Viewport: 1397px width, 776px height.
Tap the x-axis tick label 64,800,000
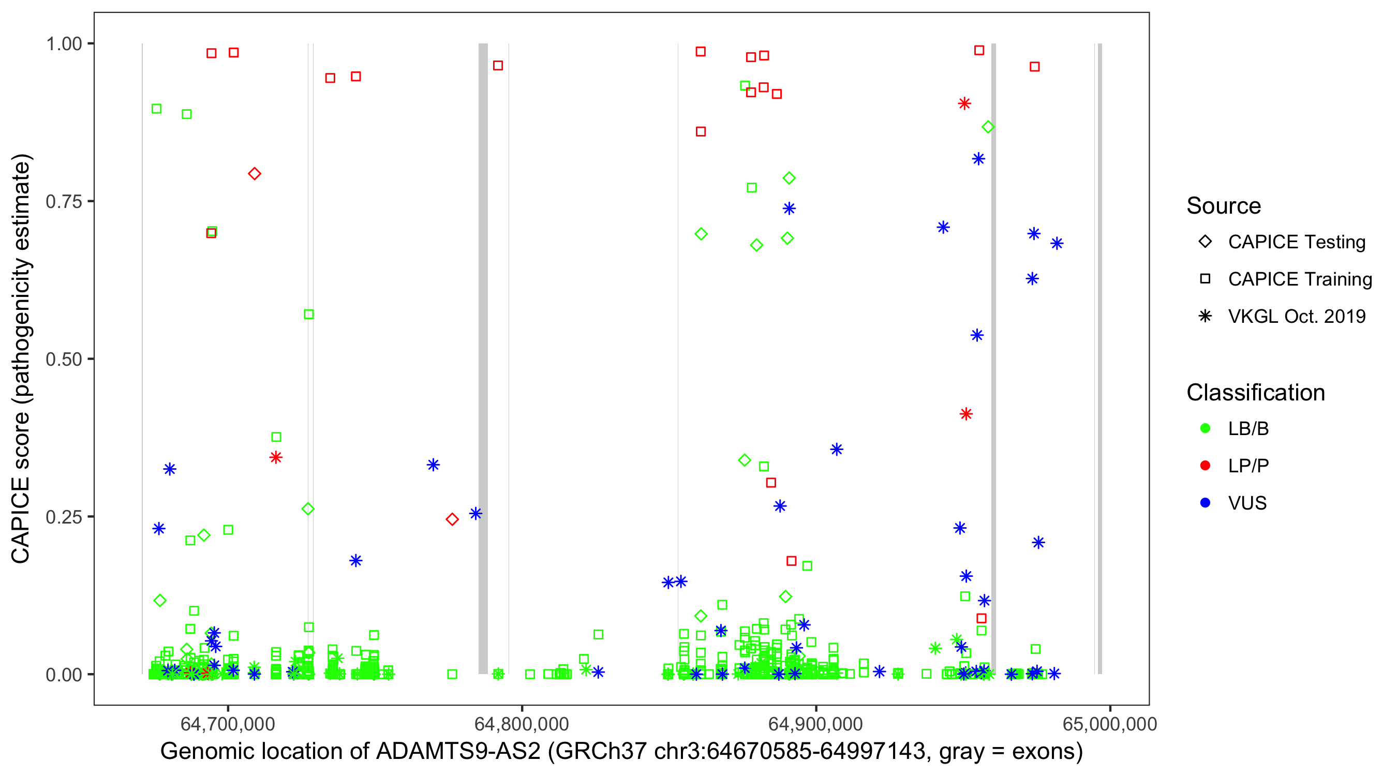pyautogui.click(x=521, y=724)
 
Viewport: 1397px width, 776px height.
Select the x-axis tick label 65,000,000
pyautogui.click(x=1109, y=724)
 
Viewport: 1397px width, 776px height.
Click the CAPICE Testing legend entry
pyautogui.click(x=1296, y=242)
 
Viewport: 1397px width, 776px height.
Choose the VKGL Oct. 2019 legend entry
pyautogui.click(x=1296, y=316)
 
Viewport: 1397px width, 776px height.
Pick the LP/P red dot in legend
pyautogui.click(x=1205, y=466)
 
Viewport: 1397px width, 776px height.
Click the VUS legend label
pyautogui.click(x=1247, y=503)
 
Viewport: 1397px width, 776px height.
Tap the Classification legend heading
pyautogui.click(x=1255, y=393)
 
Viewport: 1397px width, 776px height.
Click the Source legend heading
pyautogui.click(x=1224, y=206)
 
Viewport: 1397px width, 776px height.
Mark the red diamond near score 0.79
pyautogui.click(x=255, y=174)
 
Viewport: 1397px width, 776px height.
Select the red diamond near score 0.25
pyautogui.click(x=452, y=519)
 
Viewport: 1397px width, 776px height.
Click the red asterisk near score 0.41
pyautogui.click(x=966, y=414)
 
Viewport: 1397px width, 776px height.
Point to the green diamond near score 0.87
pyautogui.click(x=988, y=127)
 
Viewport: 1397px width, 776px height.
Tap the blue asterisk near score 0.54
pyautogui.click(x=977, y=335)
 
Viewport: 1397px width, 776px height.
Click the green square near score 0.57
pyautogui.click(x=308, y=315)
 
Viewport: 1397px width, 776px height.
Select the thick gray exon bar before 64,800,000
pyautogui.click(x=483, y=358)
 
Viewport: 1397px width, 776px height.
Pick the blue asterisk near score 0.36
pyautogui.click(x=836, y=450)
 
